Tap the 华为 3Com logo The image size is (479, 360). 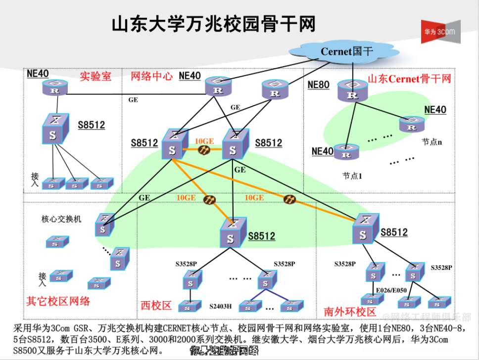click(440, 32)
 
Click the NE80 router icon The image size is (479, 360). click(352, 92)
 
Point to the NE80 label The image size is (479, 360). click(318, 85)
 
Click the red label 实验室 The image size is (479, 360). click(96, 76)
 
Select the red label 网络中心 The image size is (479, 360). click(151, 76)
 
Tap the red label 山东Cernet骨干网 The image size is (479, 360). click(409, 79)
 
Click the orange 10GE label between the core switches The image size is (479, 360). click(204, 141)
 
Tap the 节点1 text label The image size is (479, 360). click(353, 175)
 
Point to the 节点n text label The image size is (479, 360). click(431, 141)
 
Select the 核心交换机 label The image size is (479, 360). click(61, 219)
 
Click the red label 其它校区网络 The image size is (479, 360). click(58, 301)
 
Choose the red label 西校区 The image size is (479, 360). click(156, 306)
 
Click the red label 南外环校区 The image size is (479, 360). click(350, 312)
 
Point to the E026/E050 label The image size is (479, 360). click(391, 290)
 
